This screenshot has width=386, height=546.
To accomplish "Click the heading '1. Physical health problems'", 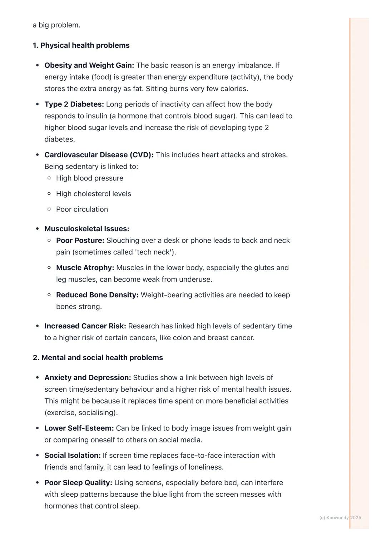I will click(81, 45).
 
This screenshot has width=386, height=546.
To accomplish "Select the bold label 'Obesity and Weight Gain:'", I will click(89, 65).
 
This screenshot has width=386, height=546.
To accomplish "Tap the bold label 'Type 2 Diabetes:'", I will click(74, 104).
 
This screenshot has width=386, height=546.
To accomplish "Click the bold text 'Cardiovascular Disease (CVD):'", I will click(99, 155).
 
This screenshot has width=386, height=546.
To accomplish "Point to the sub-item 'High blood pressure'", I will click(89, 178).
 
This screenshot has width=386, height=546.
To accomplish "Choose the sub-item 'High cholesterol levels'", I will click(93, 194).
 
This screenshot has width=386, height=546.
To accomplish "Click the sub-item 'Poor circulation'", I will click(82, 209).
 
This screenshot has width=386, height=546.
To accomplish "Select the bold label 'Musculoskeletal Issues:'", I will click(86, 229).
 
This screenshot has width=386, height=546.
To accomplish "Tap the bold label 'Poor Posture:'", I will click(80, 240).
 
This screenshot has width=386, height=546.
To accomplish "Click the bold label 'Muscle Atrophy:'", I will click(85, 268).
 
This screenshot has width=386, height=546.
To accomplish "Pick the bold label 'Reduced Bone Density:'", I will click(97, 295).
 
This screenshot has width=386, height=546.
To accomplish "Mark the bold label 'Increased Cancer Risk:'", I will click(85, 326).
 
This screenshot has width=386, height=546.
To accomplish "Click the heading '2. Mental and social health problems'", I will click(98, 358).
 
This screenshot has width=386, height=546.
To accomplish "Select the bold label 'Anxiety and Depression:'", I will click(88, 378).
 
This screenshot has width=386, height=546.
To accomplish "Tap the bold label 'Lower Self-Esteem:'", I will click(79, 428).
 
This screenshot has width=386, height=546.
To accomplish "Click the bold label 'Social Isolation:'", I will click(72, 456).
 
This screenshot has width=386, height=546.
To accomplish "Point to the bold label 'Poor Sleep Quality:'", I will click(78, 483).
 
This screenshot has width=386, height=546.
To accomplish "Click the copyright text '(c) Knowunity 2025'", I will click(340, 517).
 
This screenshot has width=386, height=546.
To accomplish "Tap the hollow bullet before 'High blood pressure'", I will click(49, 178).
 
